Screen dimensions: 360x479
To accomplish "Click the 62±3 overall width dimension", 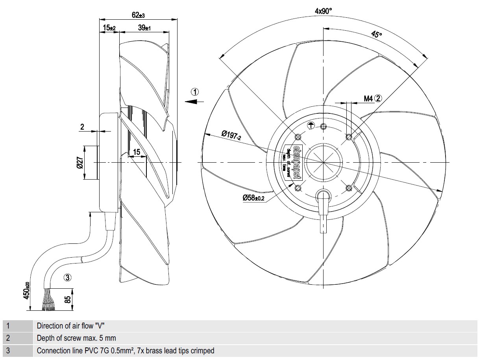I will point(138,15).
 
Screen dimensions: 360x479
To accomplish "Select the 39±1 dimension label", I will point(145,28).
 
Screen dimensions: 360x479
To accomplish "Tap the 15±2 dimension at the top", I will point(109,28).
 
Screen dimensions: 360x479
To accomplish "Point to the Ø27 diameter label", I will point(80,162).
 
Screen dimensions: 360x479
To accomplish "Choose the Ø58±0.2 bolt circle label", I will point(254,198).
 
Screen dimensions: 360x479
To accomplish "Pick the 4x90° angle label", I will point(323,11).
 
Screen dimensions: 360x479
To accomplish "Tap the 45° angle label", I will point(376,35).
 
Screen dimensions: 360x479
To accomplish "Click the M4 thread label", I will point(368,98).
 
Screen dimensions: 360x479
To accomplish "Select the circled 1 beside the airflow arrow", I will point(195,92).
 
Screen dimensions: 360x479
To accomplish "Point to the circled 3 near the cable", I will point(68,277).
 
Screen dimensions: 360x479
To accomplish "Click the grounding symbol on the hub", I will point(311,126).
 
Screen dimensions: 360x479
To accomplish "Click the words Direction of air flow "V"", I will point(71,326).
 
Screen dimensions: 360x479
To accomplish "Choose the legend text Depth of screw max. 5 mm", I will point(76,338).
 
